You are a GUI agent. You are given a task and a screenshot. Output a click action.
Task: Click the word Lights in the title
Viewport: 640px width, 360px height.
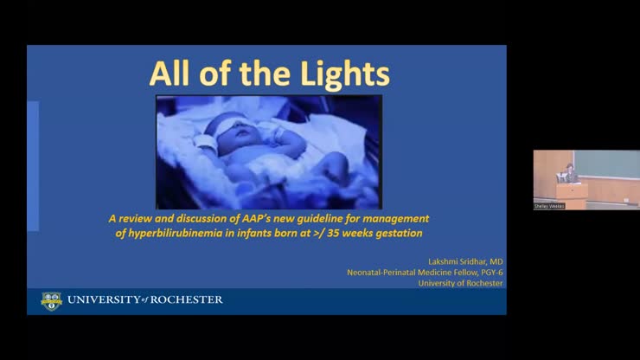(x=347, y=74)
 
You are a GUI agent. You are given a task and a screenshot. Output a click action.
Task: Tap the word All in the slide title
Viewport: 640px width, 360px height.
(x=170, y=74)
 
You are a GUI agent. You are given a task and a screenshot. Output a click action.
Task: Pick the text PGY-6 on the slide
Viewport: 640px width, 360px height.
(x=487, y=272)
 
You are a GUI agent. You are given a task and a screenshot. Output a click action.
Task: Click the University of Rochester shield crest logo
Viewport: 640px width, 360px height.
(x=51, y=300)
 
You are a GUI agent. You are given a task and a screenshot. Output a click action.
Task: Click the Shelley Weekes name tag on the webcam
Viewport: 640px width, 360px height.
(x=549, y=206)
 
